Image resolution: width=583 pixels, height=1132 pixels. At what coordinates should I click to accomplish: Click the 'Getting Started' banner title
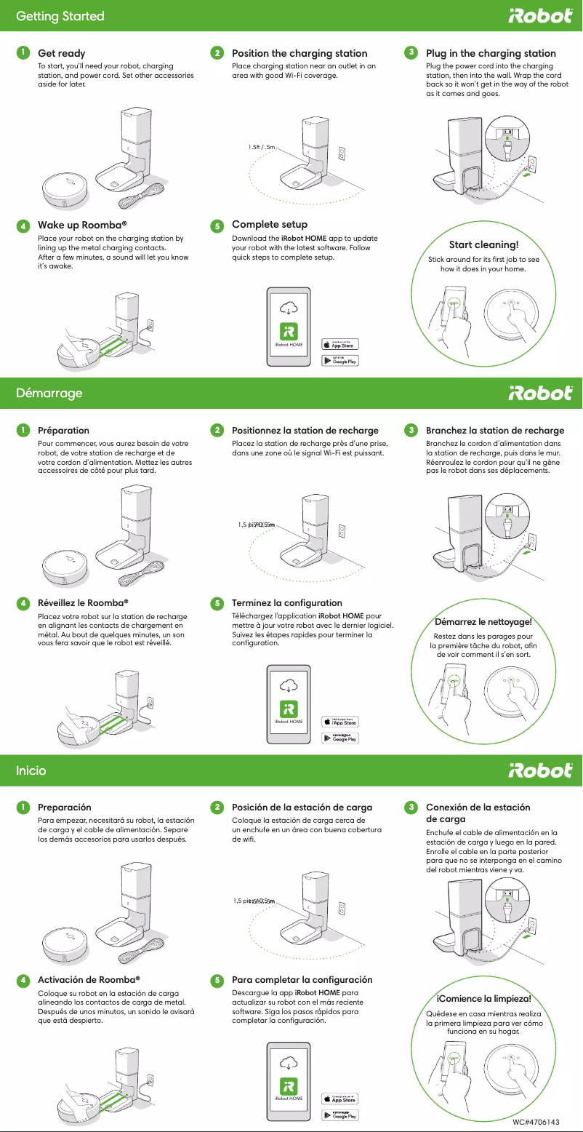point(60,16)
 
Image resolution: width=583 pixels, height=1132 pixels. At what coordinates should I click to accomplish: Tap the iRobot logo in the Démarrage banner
point(539,393)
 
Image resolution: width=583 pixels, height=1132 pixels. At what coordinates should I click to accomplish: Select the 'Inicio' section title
point(31,770)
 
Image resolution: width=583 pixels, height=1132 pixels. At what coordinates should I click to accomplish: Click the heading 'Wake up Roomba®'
point(83,225)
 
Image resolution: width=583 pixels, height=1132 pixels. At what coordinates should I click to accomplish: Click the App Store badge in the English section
point(340,344)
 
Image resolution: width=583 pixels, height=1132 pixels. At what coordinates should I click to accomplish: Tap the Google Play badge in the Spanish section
point(340,1115)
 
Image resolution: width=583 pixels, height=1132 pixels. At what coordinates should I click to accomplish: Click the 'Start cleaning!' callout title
point(483,244)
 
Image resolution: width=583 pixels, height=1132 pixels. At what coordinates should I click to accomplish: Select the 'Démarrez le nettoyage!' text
point(483,622)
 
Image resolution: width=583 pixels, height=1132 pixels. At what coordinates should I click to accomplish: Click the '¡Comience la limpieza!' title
point(483,998)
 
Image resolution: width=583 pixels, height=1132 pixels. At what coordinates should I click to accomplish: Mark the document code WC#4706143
point(536,1123)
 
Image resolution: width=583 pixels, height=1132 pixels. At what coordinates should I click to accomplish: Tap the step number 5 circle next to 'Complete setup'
point(217,226)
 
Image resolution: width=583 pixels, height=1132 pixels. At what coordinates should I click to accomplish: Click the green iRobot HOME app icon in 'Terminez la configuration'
point(289,709)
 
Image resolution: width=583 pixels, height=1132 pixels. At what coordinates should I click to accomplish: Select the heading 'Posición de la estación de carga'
point(302,808)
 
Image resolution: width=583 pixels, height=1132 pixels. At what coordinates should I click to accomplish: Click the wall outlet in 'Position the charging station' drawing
point(341,155)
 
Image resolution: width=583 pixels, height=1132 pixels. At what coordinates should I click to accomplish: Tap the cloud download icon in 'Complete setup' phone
point(289,306)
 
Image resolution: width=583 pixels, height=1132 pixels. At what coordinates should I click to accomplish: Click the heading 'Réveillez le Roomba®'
point(83,602)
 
